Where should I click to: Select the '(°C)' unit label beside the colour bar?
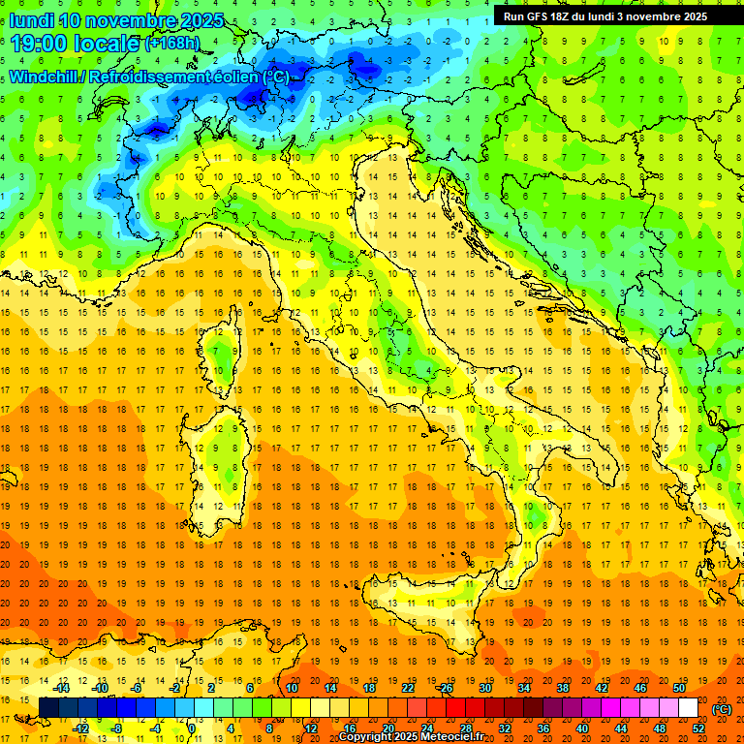(x=722, y=709)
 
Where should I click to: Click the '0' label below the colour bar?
(x=192, y=728)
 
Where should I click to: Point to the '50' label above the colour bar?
(x=679, y=688)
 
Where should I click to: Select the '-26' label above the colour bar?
(x=445, y=688)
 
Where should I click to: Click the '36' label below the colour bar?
(x=543, y=728)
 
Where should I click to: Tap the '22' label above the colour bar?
(x=407, y=688)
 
